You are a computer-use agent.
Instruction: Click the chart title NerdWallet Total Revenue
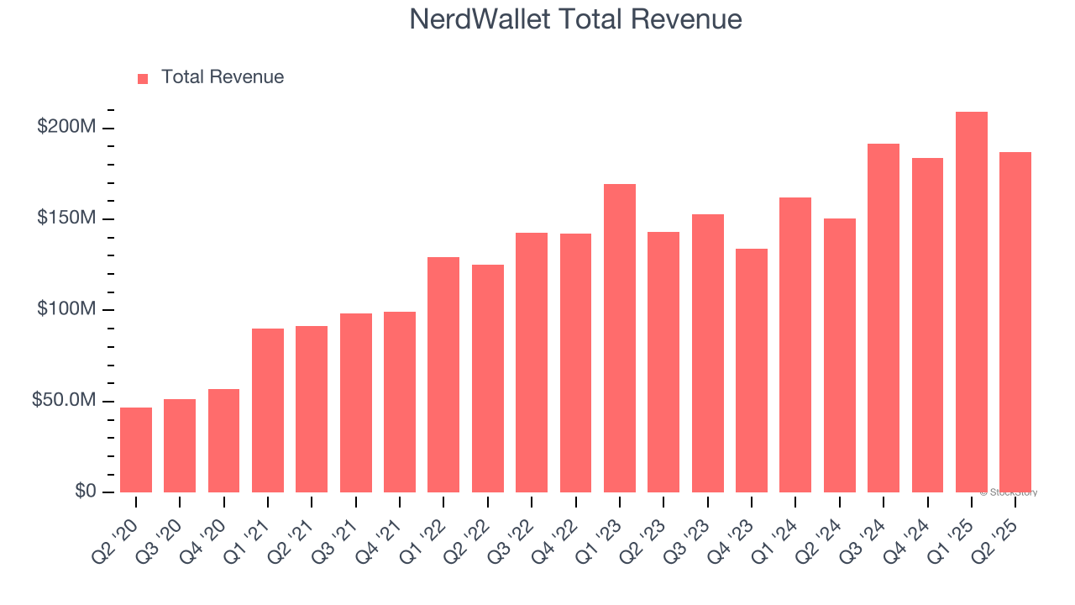tap(575, 19)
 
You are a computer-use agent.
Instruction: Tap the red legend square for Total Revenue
tap(143, 78)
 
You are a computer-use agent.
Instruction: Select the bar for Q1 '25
tap(972, 302)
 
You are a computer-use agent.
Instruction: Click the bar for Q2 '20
tap(136, 450)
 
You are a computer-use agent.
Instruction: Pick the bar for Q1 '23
tap(620, 338)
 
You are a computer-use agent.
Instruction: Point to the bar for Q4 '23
tap(752, 371)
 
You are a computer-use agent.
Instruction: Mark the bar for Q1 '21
tap(268, 410)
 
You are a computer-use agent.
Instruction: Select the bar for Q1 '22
tap(443, 375)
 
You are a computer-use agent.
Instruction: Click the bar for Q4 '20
tap(224, 440)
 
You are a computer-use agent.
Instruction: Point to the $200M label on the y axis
tap(66, 128)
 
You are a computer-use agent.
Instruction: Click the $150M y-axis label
tap(66, 218)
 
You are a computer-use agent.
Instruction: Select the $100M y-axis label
tap(66, 310)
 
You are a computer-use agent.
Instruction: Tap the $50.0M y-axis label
tap(63, 401)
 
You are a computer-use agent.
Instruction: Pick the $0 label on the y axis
tap(83, 492)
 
